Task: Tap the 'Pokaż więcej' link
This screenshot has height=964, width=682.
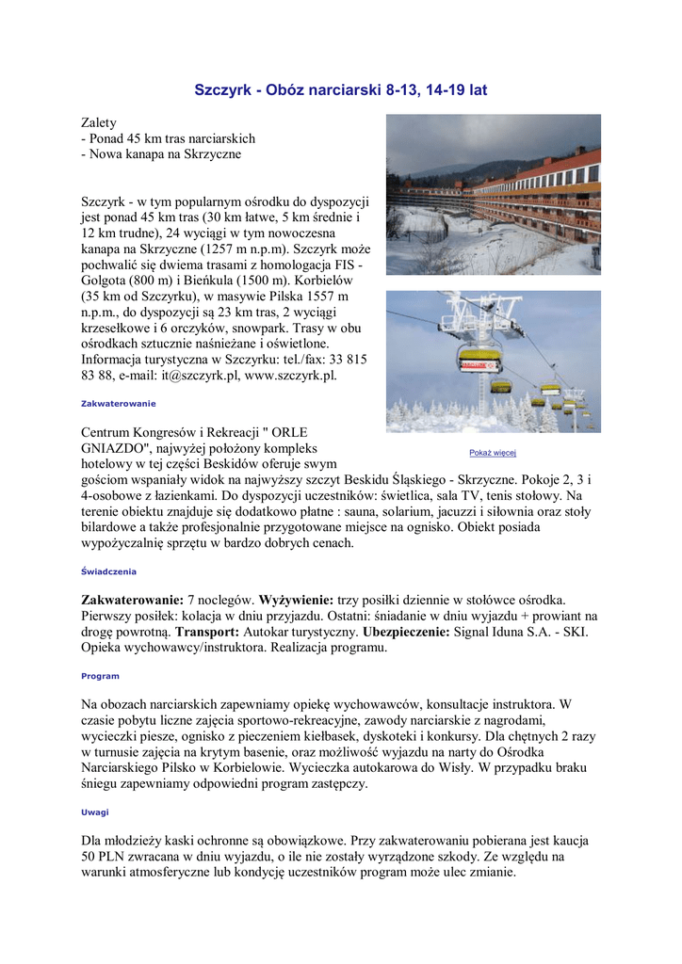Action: pos(493,453)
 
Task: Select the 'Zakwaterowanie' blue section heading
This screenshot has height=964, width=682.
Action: pos(118,403)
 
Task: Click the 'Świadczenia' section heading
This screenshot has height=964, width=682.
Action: pos(108,571)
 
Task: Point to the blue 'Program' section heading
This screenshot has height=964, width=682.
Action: pos(100,676)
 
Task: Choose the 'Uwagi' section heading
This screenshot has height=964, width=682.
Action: pos(94,811)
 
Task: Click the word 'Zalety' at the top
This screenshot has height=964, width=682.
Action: pos(99,122)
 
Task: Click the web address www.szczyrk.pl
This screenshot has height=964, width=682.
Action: pos(290,375)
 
